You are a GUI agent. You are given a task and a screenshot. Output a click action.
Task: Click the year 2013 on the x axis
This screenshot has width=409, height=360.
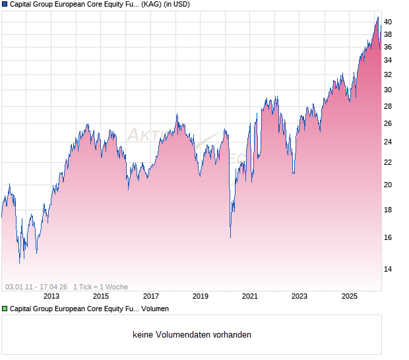coord(51,296)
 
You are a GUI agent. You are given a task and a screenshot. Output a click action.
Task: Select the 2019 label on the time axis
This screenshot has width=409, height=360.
coord(201,296)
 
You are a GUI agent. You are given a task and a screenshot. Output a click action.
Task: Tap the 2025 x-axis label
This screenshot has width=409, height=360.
coord(350,296)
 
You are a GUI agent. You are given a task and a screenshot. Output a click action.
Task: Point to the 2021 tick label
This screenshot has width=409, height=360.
coord(250,296)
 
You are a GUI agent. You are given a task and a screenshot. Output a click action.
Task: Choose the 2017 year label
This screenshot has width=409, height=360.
coord(151,296)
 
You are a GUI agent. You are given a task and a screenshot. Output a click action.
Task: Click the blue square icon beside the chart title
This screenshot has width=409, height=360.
coord(5,4)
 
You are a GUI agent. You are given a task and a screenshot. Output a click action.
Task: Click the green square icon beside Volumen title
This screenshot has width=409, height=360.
coord(5,308)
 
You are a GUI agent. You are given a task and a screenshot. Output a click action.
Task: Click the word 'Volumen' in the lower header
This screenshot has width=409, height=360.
coord(156,308)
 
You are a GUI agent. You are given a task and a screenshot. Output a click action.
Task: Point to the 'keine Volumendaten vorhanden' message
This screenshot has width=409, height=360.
coord(192,335)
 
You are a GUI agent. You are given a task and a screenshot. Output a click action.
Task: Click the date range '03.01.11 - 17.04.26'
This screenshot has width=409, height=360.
coord(36,287)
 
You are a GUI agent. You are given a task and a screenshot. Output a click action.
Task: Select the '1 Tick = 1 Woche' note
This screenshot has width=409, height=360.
coord(100,287)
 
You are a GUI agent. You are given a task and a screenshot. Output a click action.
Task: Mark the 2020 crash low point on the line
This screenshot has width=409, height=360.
coord(230,237)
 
